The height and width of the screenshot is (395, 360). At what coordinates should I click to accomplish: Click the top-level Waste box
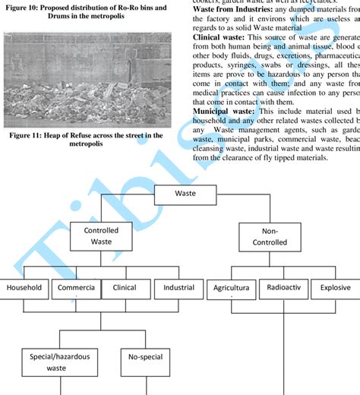(185, 194)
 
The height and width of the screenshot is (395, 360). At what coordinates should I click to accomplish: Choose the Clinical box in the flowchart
(124, 289)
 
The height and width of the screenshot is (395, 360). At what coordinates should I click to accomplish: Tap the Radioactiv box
(283, 289)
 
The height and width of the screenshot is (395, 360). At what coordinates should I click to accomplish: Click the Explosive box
(335, 289)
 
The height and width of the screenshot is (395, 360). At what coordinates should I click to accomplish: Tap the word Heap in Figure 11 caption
(79, 135)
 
